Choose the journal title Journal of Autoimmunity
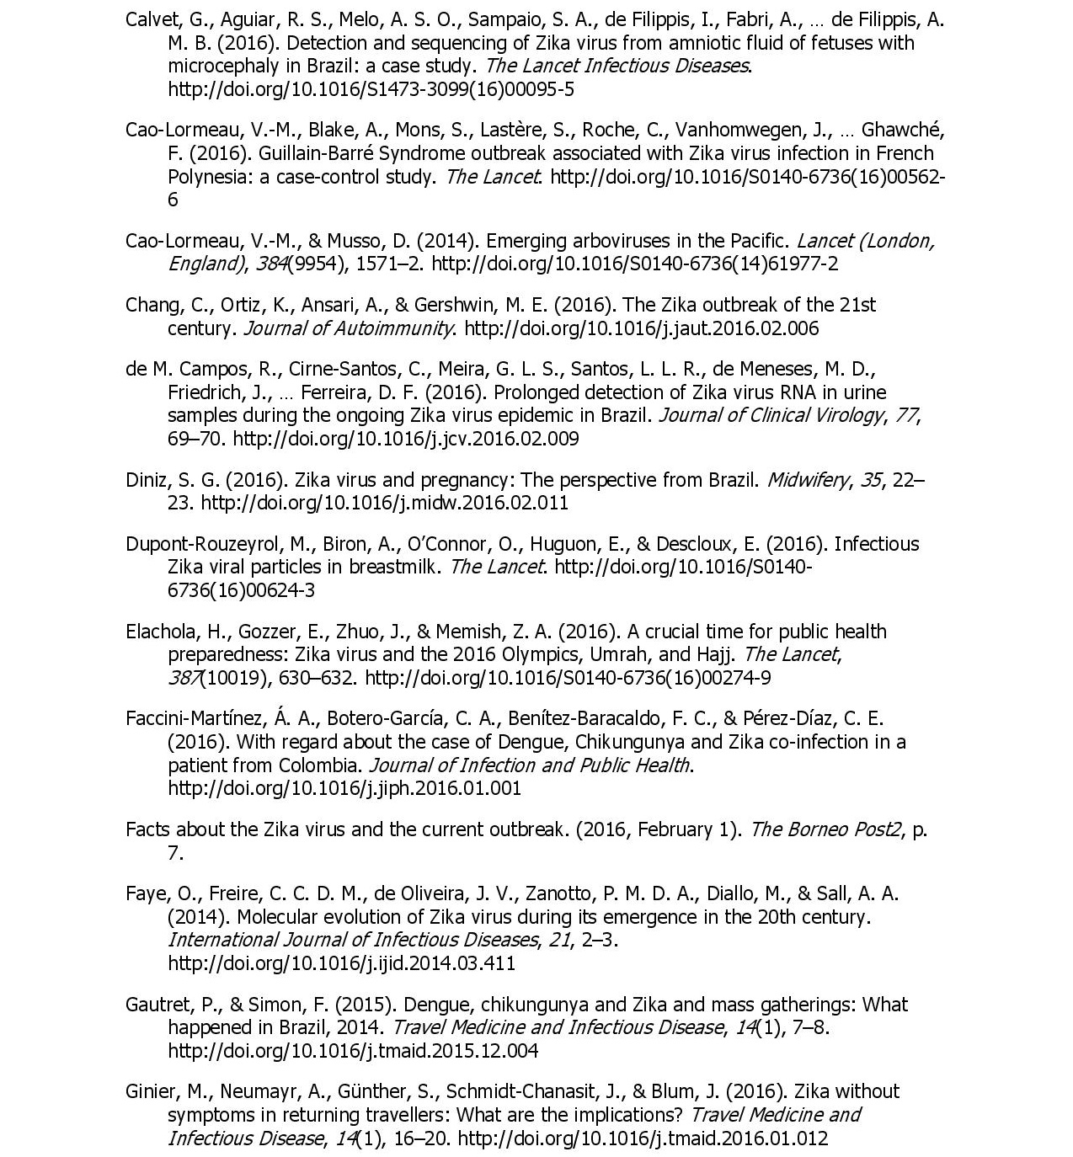(348, 328)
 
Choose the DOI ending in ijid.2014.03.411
(341, 963)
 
